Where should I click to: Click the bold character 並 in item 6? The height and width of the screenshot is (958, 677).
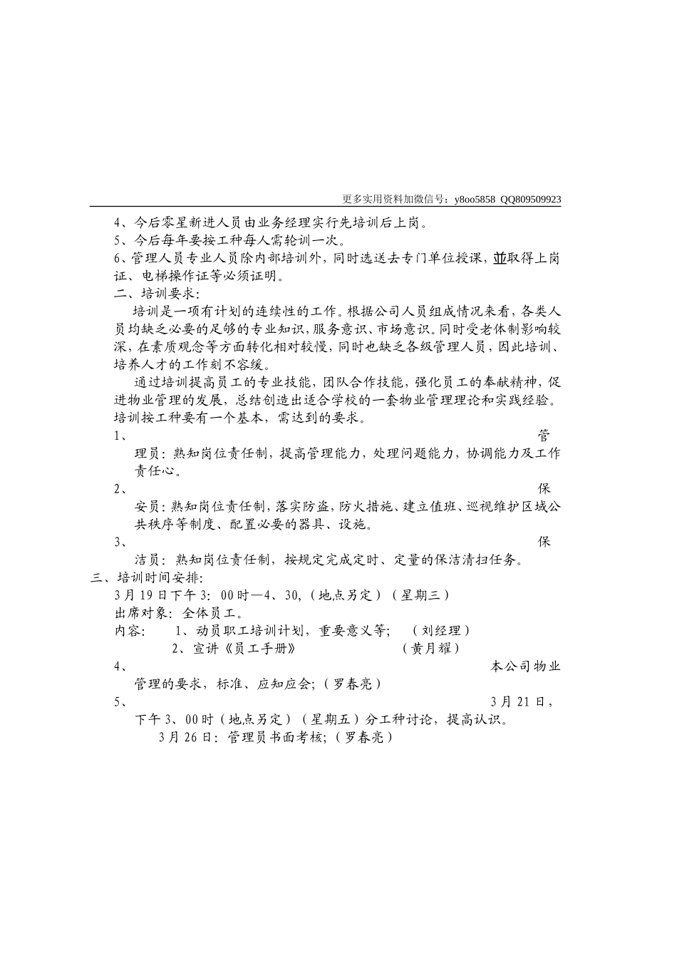click(x=500, y=258)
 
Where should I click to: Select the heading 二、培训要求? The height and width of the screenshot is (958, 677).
click(x=157, y=294)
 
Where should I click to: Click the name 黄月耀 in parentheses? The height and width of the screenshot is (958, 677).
click(x=431, y=649)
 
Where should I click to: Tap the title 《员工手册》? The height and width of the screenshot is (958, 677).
click(x=258, y=649)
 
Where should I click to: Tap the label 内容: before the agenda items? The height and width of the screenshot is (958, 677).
click(x=130, y=631)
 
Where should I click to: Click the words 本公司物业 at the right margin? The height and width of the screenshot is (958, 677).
click(x=526, y=666)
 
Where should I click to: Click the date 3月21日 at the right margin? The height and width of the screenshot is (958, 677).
click(x=520, y=702)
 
